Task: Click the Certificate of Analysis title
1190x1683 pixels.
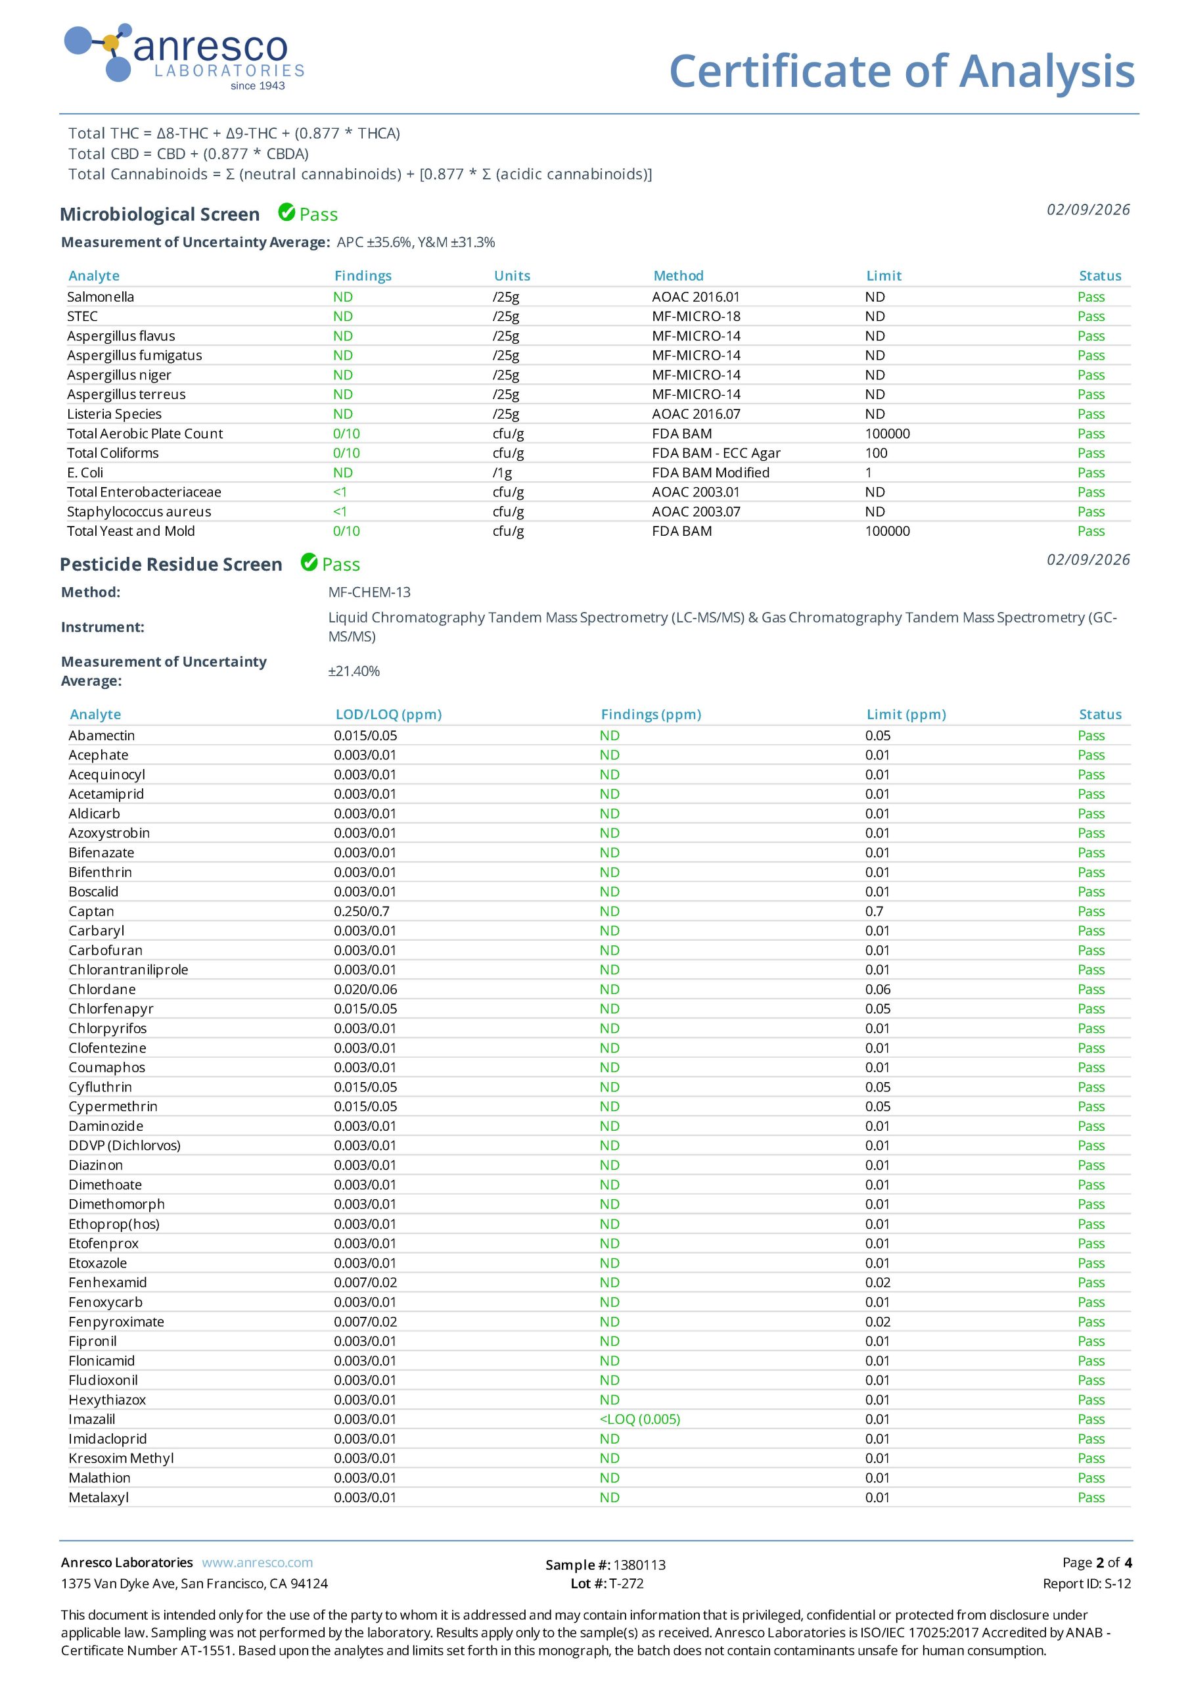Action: tap(902, 71)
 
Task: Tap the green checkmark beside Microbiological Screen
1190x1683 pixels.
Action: tap(286, 212)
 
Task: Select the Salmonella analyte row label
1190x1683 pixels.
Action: tap(101, 297)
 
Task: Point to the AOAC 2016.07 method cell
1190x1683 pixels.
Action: tap(695, 414)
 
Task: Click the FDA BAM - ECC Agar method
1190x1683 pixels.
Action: tap(716, 453)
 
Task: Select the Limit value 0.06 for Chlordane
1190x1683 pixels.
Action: tap(877, 989)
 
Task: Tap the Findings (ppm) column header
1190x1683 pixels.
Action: tap(651, 714)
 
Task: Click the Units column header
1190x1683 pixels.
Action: tap(511, 275)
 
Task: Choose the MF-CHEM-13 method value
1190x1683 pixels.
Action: tap(369, 592)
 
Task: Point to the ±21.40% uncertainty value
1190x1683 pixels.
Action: tap(354, 671)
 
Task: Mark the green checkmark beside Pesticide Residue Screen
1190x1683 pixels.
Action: tap(309, 563)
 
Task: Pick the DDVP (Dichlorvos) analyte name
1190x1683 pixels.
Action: tap(125, 1146)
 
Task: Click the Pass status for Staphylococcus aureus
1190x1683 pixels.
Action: tap(1090, 511)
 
